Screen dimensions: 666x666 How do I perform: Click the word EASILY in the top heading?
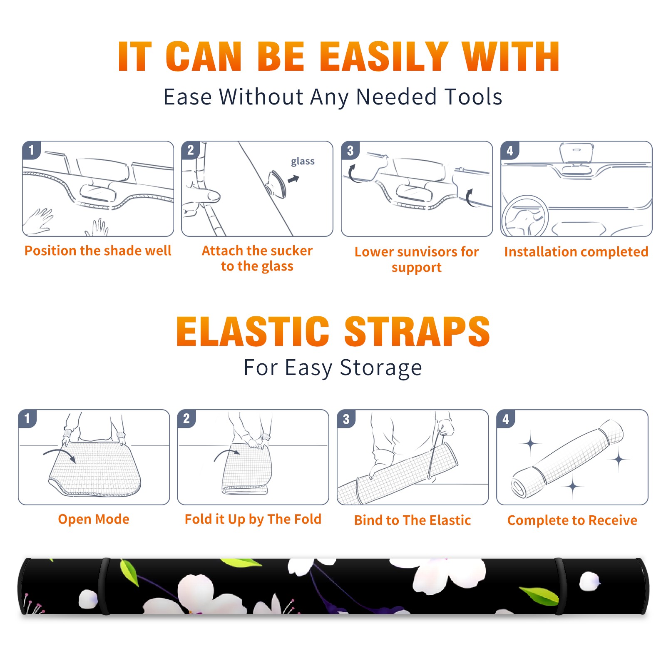[384, 57]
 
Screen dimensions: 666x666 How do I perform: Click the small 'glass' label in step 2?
[303, 162]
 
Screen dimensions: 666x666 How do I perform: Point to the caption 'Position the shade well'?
[98, 251]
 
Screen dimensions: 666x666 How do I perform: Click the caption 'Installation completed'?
[576, 252]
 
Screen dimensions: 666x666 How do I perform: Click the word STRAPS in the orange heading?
[417, 331]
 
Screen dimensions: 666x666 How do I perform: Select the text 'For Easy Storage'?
[333, 368]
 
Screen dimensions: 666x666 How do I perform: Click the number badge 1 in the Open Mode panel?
[27, 419]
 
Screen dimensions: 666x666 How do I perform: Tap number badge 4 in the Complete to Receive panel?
[506, 419]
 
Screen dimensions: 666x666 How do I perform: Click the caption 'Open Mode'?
[94, 519]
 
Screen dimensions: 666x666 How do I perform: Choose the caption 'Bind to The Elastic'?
[413, 520]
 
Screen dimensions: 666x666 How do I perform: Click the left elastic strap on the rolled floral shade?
[104, 586]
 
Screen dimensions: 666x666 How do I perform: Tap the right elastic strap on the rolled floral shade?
[560, 586]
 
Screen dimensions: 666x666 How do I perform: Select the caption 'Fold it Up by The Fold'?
[253, 519]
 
